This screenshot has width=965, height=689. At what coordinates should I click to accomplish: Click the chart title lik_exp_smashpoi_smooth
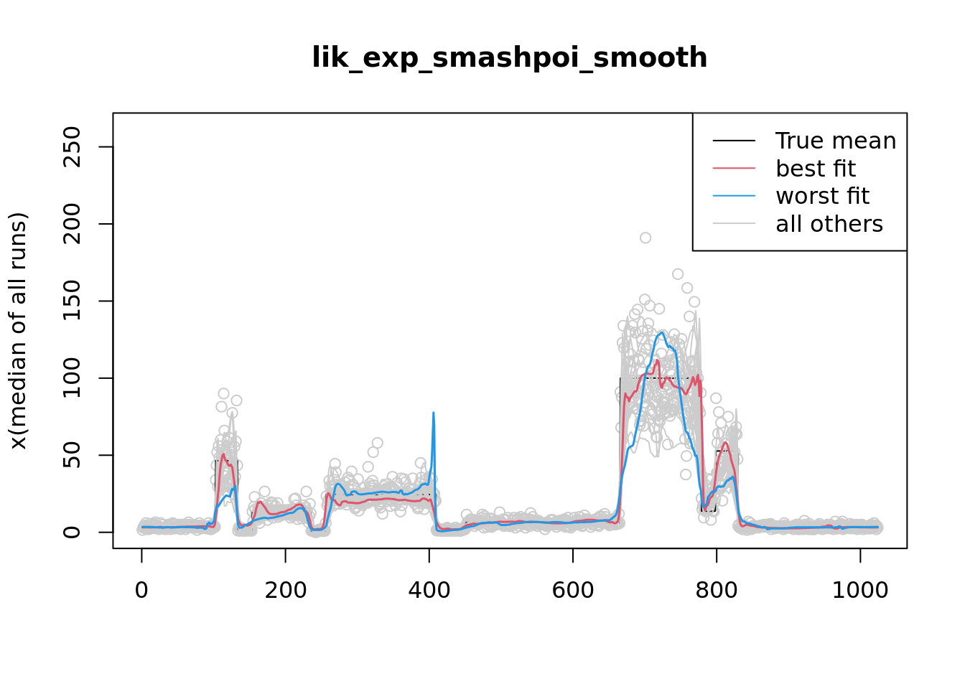click(509, 57)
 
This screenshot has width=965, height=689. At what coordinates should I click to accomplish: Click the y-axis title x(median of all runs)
click(19, 330)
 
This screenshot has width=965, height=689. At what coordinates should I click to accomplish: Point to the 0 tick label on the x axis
click(141, 590)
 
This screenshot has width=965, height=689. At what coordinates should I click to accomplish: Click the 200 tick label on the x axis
click(285, 590)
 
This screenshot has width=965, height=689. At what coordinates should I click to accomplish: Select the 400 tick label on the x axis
click(429, 590)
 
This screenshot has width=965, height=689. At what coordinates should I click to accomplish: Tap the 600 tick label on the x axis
click(572, 590)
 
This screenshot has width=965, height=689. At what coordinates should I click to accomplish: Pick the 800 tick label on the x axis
click(716, 590)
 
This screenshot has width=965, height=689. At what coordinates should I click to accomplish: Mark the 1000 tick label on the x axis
click(859, 590)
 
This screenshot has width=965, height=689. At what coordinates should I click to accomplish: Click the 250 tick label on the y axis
click(72, 146)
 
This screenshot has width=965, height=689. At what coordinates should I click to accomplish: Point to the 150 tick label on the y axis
click(72, 301)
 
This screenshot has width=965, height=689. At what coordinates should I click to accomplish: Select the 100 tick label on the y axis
click(72, 378)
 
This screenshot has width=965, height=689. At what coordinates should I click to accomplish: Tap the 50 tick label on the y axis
click(72, 455)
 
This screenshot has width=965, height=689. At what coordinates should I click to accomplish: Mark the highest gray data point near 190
click(645, 238)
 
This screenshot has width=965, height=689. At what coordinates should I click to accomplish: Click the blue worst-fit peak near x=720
click(661, 332)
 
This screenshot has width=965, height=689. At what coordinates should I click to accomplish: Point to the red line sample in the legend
click(734, 169)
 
